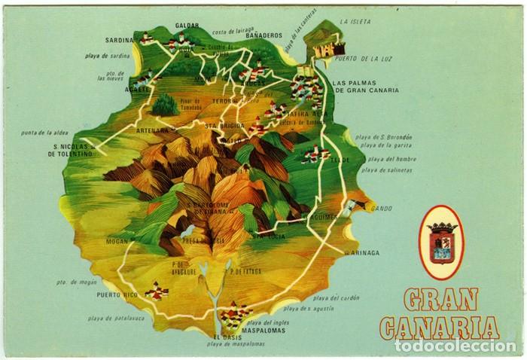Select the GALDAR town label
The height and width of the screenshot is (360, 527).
(x=187, y=26)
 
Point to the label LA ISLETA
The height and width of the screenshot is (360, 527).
(x=355, y=23)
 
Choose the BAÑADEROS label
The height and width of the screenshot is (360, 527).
(x=263, y=35)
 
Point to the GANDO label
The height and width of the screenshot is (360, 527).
(x=381, y=206)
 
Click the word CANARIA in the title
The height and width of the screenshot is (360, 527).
(x=440, y=328)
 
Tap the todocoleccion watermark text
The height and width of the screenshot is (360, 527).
(x=455, y=346)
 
